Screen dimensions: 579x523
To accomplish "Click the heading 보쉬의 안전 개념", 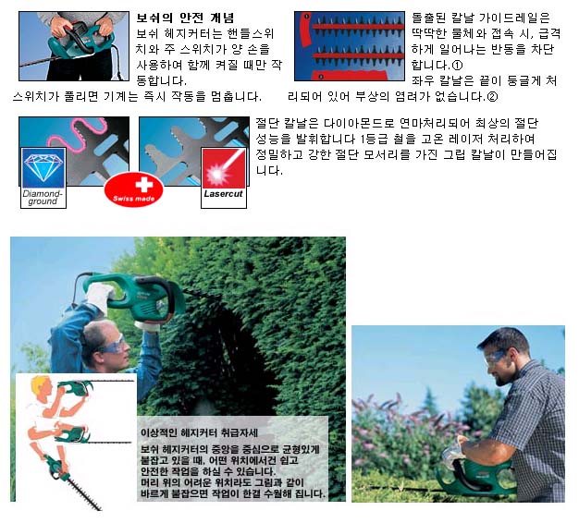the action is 185,18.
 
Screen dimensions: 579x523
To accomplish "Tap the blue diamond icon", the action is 43,168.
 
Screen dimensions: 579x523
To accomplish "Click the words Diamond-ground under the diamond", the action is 43,198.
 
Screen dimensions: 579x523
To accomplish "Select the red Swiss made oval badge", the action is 134,190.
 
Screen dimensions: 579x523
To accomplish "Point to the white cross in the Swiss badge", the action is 143,185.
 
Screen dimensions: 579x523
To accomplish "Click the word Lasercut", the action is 223,194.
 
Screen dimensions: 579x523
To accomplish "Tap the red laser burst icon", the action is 224,168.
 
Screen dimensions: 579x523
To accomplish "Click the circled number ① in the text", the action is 457,66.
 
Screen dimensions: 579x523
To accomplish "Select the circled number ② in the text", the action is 493,97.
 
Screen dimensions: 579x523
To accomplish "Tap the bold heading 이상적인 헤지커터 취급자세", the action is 199,432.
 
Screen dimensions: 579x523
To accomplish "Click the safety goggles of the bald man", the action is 112,346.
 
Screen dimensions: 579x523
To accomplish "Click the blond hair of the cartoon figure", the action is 39,384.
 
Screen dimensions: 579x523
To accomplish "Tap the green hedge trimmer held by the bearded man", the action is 476,477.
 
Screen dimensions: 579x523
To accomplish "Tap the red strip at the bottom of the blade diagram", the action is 350,75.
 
